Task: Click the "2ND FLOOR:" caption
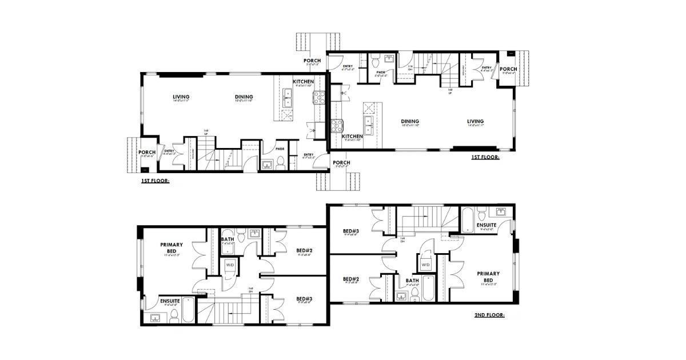click(x=489, y=315)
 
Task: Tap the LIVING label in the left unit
click(x=181, y=97)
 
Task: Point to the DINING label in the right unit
click(x=410, y=121)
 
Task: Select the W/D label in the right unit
click(x=426, y=265)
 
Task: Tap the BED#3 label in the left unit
click(x=304, y=299)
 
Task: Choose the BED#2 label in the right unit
click(x=350, y=279)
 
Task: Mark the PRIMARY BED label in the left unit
click(x=171, y=248)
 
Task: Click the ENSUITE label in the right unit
click(x=487, y=225)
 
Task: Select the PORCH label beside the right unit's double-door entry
click(x=508, y=69)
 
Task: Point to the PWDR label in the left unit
click(x=280, y=148)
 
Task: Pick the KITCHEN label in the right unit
click(x=352, y=137)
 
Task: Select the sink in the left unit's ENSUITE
click(x=155, y=318)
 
